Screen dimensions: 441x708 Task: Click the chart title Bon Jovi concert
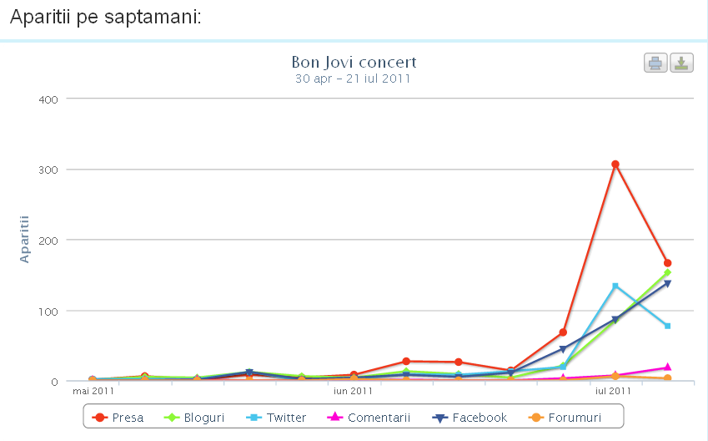coord(354,62)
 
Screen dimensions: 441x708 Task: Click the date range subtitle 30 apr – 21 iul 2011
coord(353,79)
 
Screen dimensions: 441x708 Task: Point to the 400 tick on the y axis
coord(48,99)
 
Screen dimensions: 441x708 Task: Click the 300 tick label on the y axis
coord(48,170)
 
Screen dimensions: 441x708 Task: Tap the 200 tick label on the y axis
coord(48,241)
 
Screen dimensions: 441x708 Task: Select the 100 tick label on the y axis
coord(48,311)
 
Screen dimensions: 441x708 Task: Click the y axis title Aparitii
coord(24,239)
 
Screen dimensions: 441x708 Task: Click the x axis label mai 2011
coord(93,390)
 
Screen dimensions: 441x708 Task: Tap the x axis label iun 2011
coord(353,390)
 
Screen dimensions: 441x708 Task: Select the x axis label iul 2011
coord(613,390)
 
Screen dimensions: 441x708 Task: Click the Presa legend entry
coord(119,418)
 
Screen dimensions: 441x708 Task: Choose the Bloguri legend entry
coord(196,418)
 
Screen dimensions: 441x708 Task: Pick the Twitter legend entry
coord(278,418)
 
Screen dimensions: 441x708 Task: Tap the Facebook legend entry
coord(469,418)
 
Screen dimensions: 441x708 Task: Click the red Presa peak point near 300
coord(615,165)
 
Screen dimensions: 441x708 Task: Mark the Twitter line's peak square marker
coord(615,286)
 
